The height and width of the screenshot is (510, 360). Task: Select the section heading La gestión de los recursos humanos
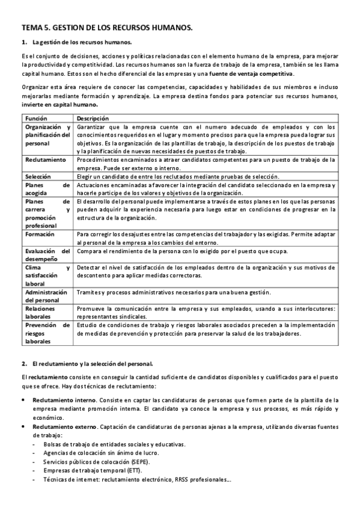point(82,42)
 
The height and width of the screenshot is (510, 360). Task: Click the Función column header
point(36,118)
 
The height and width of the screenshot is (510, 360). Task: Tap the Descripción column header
point(93,118)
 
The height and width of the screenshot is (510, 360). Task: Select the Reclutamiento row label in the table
point(46,160)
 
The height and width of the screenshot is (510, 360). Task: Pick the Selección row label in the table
point(38,176)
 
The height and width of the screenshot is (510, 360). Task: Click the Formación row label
point(40,234)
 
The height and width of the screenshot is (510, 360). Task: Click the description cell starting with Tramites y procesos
point(173,292)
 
